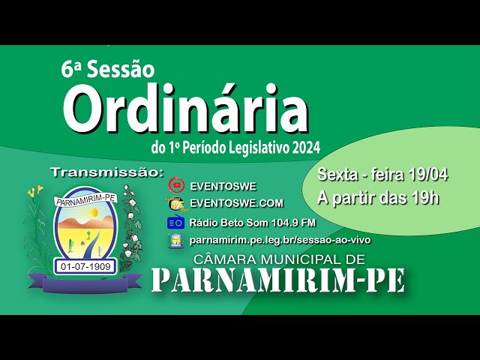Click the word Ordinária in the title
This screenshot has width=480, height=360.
pyautogui.click(x=186, y=107)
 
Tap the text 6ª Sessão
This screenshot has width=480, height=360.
pyautogui.click(x=108, y=70)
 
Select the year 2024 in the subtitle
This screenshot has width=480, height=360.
pyautogui.click(x=306, y=148)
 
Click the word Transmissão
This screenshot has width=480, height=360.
pyautogui.click(x=107, y=172)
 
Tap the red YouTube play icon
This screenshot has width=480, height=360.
pyautogui.click(x=176, y=185)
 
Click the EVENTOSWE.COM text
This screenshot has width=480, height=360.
pyautogui.click(x=237, y=203)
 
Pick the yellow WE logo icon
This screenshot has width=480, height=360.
pyautogui.click(x=176, y=203)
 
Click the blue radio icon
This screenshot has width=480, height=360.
pyautogui.click(x=175, y=222)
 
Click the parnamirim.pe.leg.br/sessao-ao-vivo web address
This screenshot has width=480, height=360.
pyautogui.click(x=280, y=240)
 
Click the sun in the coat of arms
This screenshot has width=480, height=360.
pyautogui.click(x=93, y=211)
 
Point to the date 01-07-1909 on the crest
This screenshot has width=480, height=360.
pyautogui.click(x=85, y=266)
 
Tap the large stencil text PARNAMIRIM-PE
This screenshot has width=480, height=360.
pyautogui.click(x=278, y=280)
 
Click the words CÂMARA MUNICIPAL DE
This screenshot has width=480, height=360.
pyautogui.click(x=279, y=259)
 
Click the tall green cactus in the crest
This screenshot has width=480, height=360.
pyautogui.click(x=70, y=246)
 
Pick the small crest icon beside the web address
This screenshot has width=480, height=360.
pyautogui.click(x=175, y=241)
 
